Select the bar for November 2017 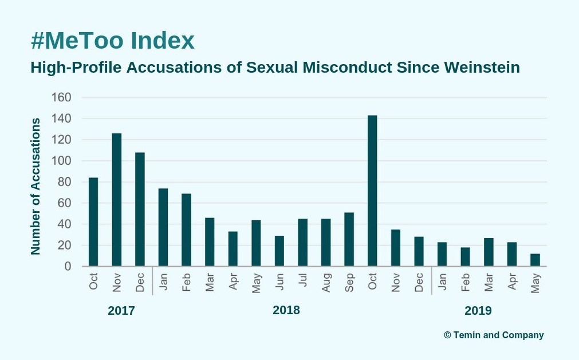117,200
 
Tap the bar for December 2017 140,209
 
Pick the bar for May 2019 535,260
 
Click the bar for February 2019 465,257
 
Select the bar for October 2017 93,222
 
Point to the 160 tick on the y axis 61,97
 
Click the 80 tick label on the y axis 64,182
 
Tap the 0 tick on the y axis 68,267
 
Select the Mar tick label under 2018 210,282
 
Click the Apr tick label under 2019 512,282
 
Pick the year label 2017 121,311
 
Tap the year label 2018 286,310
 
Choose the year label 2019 478,311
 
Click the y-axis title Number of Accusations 36,186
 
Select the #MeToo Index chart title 113,41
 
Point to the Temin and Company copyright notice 494,335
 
